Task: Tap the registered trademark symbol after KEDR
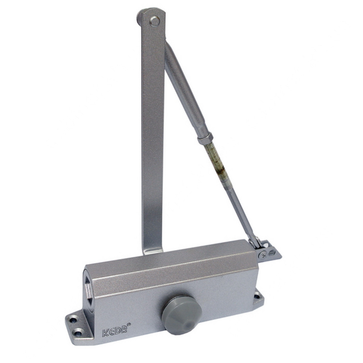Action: (x=129, y=324)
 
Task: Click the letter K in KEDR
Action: (x=106, y=332)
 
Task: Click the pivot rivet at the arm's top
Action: (x=154, y=21)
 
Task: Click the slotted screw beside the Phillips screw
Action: (x=272, y=253)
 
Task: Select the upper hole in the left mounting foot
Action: (x=74, y=321)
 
